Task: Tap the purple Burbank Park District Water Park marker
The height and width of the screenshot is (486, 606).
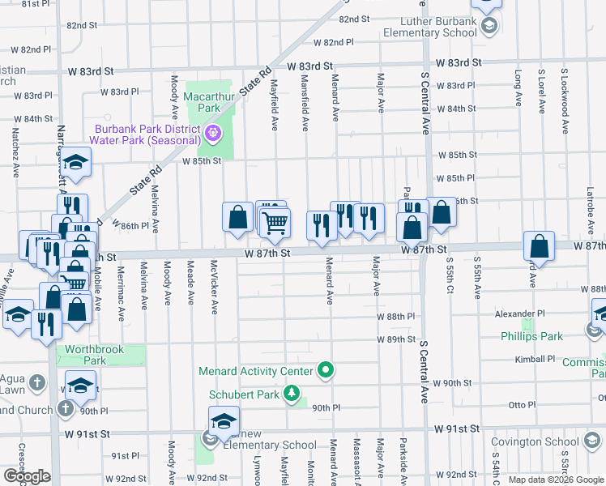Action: coord(213,132)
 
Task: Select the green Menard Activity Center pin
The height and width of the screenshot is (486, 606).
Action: coord(326,371)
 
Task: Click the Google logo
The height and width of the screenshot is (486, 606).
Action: coord(27,476)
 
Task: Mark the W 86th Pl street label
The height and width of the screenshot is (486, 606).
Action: coord(130,225)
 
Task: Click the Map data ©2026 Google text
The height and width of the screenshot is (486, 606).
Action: coord(557,480)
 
